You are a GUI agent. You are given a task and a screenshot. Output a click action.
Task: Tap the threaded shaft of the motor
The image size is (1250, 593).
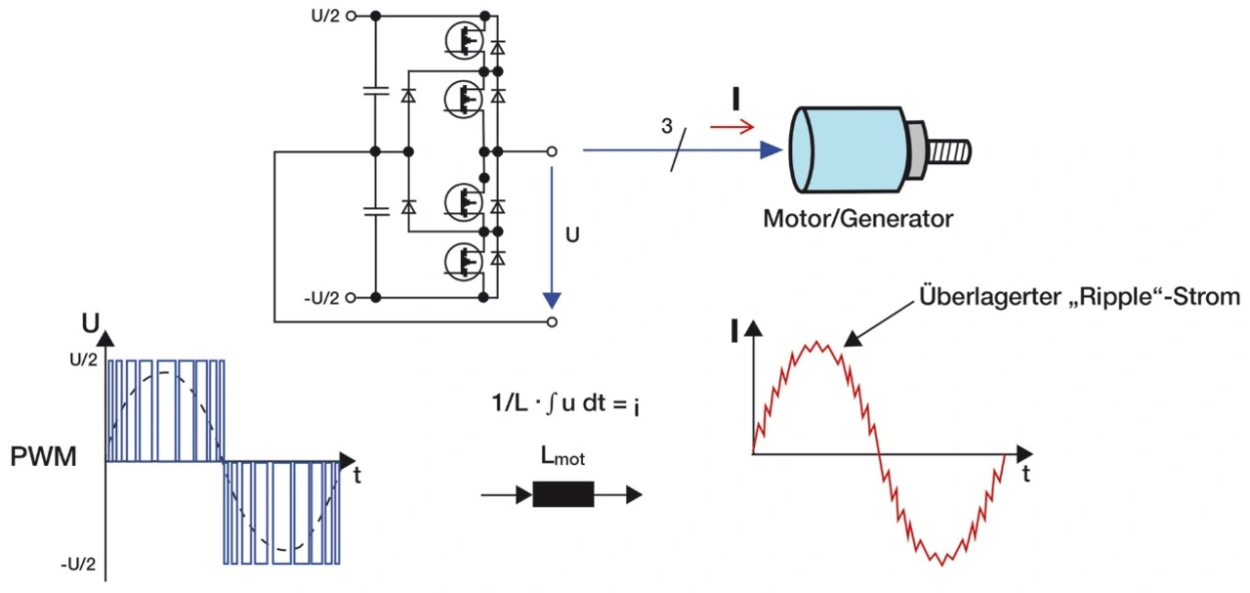click(948, 152)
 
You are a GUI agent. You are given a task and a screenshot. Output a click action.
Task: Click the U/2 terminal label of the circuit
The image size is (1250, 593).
click(326, 16)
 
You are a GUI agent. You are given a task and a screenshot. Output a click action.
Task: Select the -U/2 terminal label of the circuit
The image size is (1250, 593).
click(322, 297)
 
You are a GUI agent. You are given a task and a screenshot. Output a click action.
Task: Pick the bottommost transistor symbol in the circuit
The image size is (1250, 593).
click(461, 260)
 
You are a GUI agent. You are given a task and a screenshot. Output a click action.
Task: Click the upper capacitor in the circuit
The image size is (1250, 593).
click(375, 93)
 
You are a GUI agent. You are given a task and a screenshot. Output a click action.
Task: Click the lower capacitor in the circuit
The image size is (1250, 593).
click(375, 210)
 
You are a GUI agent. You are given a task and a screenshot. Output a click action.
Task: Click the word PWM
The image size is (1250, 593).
click(43, 457)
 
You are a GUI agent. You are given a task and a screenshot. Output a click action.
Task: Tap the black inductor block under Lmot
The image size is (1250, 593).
click(562, 494)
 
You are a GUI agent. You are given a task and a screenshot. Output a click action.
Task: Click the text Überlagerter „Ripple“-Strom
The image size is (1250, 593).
click(1079, 297)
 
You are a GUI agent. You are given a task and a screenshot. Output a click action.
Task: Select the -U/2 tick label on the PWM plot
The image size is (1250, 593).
click(78, 564)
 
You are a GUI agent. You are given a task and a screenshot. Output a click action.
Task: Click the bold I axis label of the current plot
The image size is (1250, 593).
click(733, 332)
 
